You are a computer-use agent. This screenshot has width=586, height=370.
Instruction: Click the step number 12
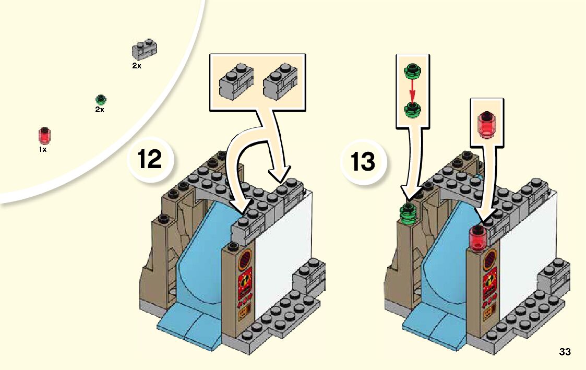(x=150, y=159)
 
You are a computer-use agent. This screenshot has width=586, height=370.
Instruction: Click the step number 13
(x=363, y=162)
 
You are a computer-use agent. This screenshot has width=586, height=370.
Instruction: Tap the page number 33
(x=565, y=352)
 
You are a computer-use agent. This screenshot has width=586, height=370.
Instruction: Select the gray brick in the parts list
(x=144, y=50)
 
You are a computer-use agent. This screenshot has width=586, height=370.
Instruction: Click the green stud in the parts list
(x=101, y=100)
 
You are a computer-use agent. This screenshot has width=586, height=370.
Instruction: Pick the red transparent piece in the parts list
(x=44, y=136)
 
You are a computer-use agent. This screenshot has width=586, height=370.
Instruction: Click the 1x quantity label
(x=43, y=149)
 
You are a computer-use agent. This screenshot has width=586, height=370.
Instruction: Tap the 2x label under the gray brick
(x=137, y=66)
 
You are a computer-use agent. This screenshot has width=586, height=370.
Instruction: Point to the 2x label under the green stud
(x=100, y=110)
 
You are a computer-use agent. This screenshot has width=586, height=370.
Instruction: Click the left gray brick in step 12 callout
(x=236, y=81)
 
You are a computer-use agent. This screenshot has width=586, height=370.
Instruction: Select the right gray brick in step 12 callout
(x=280, y=81)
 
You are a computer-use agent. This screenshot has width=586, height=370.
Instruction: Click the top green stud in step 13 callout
(x=412, y=70)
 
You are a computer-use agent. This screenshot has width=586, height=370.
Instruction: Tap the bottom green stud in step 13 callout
(x=412, y=109)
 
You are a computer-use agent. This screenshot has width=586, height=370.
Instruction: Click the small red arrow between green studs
(x=412, y=90)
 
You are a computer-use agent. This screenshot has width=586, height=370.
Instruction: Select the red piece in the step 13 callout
(x=486, y=125)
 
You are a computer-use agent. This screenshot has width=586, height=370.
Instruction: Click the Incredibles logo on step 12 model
(x=245, y=281)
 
